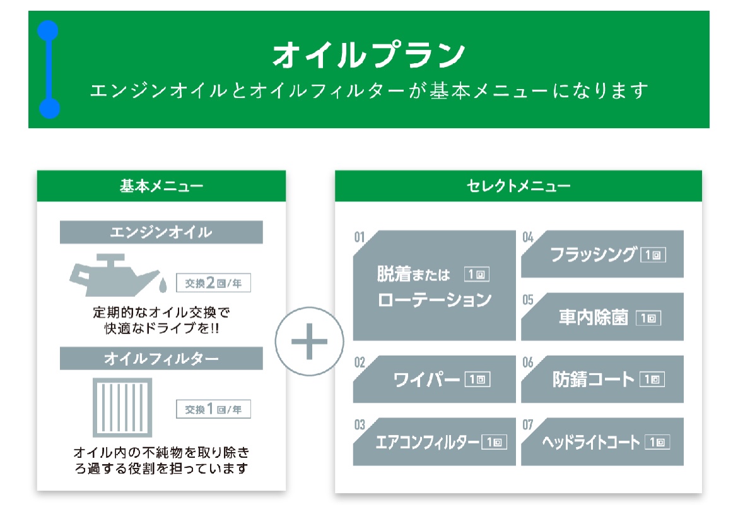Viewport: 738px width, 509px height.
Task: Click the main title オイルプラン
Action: pyautogui.click(x=369, y=54)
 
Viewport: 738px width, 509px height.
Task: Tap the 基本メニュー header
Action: pyautogui.click(x=161, y=186)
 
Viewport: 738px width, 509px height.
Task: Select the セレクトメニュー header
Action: pyautogui.click(x=518, y=186)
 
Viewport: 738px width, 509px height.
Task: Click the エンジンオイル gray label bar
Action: pyautogui.click(x=161, y=232)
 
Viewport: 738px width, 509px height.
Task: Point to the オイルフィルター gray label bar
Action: pyautogui.click(x=161, y=359)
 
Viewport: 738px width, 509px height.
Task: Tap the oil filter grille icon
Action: pyautogui.click(x=122, y=408)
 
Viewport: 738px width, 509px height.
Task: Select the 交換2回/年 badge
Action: pyautogui.click(x=213, y=283)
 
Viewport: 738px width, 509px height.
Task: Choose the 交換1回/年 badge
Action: pyautogui.click(x=213, y=409)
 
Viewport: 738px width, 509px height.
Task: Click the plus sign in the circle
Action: pyautogui.click(x=309, y=342)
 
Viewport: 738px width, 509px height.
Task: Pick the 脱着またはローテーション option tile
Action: pyautogui.click(x=434, y=285)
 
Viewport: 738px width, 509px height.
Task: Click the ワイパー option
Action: pyautogui.click(x=434, y=380)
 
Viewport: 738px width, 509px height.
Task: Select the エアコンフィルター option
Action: pyautogui.click(x=434, y=442)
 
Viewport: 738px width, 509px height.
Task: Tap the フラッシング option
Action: pyautogui.click(x=602, y=254)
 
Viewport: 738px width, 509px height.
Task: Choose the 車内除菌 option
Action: pyautogui.click(x=602, y=317)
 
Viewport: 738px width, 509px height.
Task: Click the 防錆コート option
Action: pyautogui.click(x=602, y=380)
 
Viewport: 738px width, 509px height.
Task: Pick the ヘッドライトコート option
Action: pyautogui.click(x=602, y=442)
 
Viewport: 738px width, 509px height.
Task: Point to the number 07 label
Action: pyautogui.click(x=527, y=425)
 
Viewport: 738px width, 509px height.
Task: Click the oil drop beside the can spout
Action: pyautogui.click(x=163, y=285)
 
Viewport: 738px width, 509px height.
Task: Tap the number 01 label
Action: pyautogui.click(x=360, y=237)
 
